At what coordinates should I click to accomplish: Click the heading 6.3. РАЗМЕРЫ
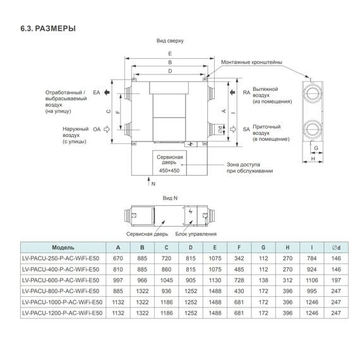coord(49,28)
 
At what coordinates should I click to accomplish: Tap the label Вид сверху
coord(170,40)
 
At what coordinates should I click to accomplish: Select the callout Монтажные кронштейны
coord(251,62)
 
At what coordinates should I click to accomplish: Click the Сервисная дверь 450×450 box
coord(170,163)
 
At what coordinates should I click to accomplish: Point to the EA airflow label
coord(97,93)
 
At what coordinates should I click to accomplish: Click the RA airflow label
coord(246,93)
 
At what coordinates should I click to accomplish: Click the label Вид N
coord(170,198)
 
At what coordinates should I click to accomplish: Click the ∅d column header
coord(335,248)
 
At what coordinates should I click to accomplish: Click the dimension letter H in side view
coord(313,159)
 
